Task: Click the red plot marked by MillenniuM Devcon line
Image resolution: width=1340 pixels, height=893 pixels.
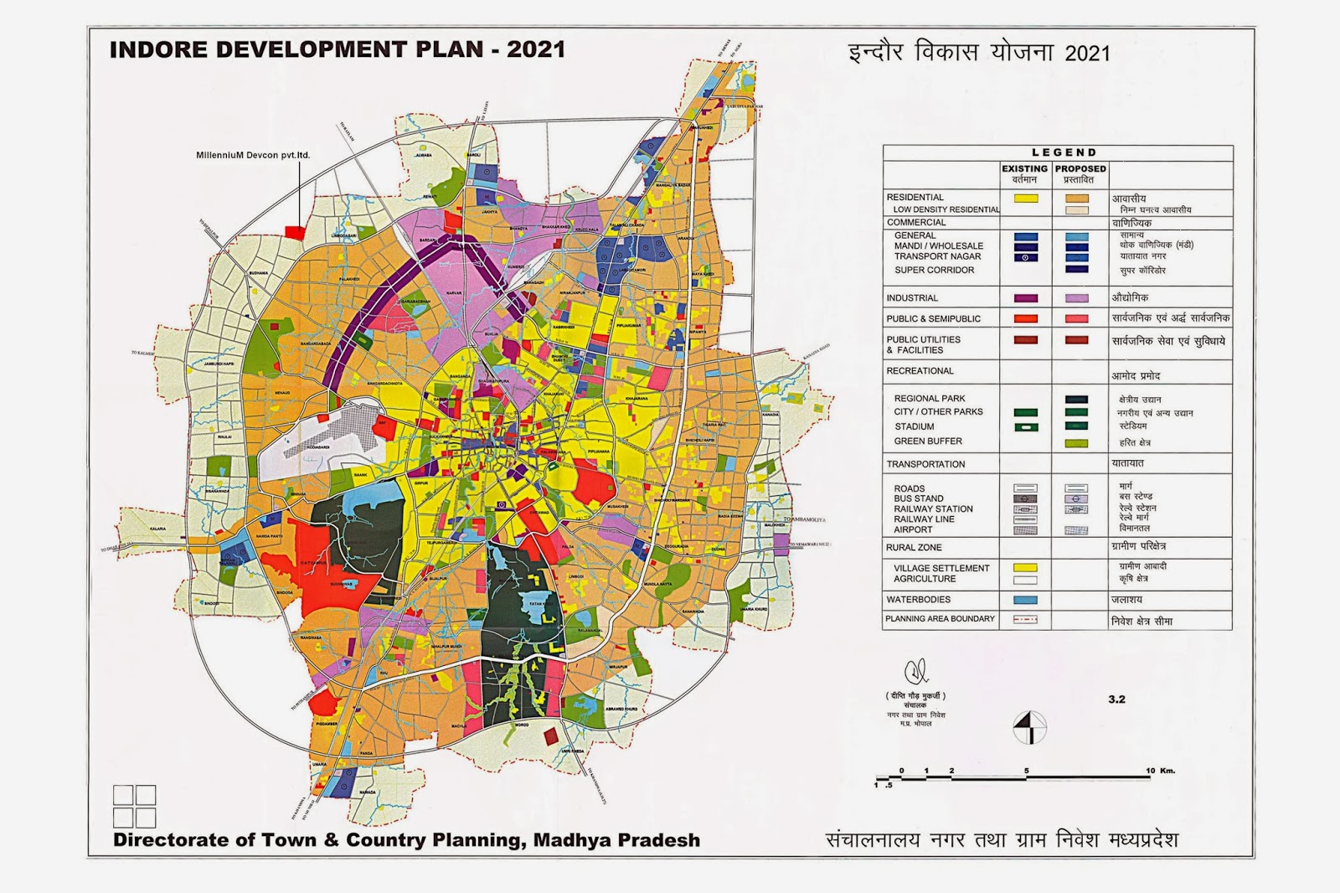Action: (293, 230)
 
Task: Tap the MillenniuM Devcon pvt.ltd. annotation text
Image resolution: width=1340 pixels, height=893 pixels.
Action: (253, 155)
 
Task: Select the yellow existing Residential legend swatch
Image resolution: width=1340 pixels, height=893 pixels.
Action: (1025, 199)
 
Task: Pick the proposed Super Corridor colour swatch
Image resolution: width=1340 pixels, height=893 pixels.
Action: (1077, 270)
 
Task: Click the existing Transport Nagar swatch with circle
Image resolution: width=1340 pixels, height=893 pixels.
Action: (1025, 257)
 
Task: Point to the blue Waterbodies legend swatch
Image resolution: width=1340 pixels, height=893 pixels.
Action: (1025, 600)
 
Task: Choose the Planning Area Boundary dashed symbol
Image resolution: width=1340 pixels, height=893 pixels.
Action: (1025, 620)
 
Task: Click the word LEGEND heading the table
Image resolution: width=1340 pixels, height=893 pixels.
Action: (1064, 152)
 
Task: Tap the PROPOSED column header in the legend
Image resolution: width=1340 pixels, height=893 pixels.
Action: (1080, 168)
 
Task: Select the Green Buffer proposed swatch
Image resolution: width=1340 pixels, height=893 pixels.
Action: (1077, 443)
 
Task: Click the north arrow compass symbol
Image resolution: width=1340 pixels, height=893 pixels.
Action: (1030, 727)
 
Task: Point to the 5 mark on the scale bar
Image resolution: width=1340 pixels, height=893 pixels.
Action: (1026, 771)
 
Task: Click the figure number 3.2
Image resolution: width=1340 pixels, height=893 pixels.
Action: (1116, 699)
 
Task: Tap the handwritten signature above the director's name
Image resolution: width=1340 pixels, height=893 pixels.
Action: (915, 671)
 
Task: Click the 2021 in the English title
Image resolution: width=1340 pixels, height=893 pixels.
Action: (535, 49)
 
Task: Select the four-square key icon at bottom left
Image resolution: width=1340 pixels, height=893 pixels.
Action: (134, 806)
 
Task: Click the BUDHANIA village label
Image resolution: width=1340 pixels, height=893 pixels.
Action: (259, 273)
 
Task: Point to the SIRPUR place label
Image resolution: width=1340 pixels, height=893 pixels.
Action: (420, 483)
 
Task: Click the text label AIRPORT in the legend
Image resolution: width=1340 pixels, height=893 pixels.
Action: (913, 529)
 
